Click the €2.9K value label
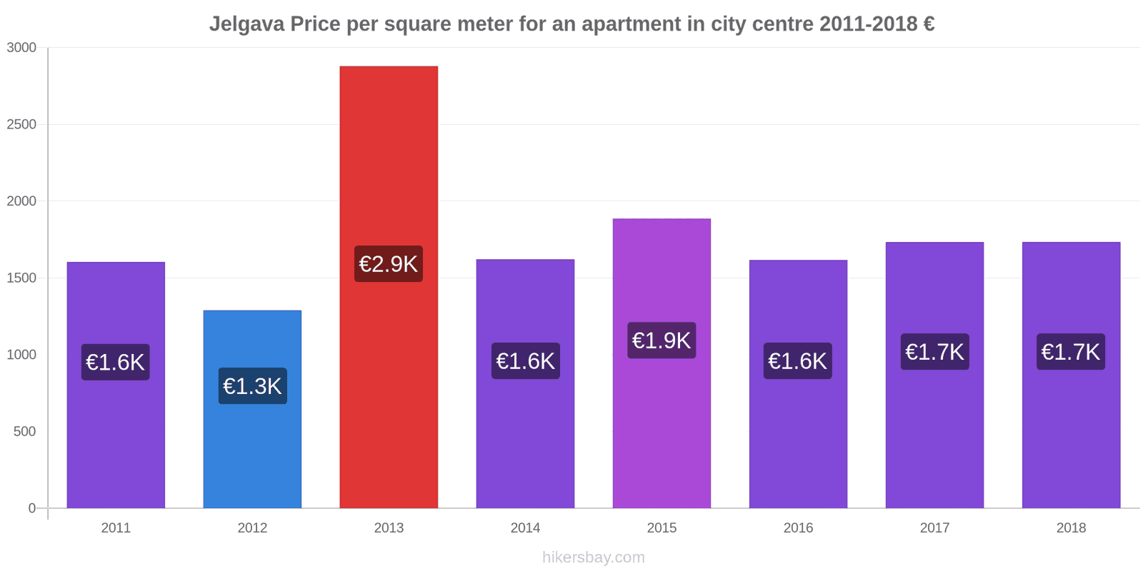coord(389,264)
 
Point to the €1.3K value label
coord(252,386)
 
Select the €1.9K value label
coord(662,340)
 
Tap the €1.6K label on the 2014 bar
coord(525,361)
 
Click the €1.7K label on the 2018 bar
coord(1071,352)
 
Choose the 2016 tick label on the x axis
coord(798,528)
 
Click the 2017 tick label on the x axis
coord(934,528)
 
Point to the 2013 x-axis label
coord(389,528)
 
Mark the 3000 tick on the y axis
coord(21,48)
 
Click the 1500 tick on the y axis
coord(21,278)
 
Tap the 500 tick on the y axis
coord(24,432)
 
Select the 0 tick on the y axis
coord(32,508)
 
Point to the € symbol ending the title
coord(929,24)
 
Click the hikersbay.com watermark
coord(593,557)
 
